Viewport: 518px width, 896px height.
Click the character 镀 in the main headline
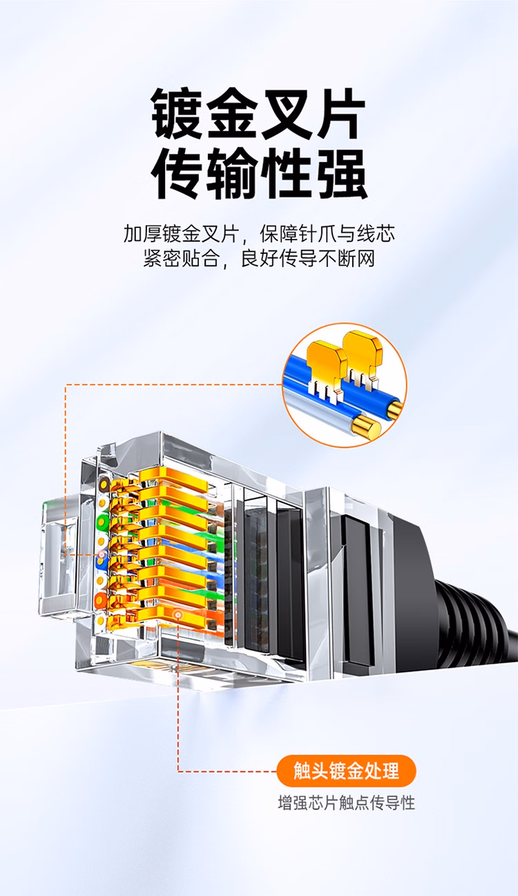[x=177, y=115]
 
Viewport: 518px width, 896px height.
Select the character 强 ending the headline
[x=340, y=174]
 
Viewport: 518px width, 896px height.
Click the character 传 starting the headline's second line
[x=177, y=174]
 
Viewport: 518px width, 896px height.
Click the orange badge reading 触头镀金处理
[x=346, y=771]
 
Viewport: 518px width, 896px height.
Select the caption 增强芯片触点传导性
[x=346, y=803]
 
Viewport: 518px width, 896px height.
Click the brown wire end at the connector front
[x=104, y=485]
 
